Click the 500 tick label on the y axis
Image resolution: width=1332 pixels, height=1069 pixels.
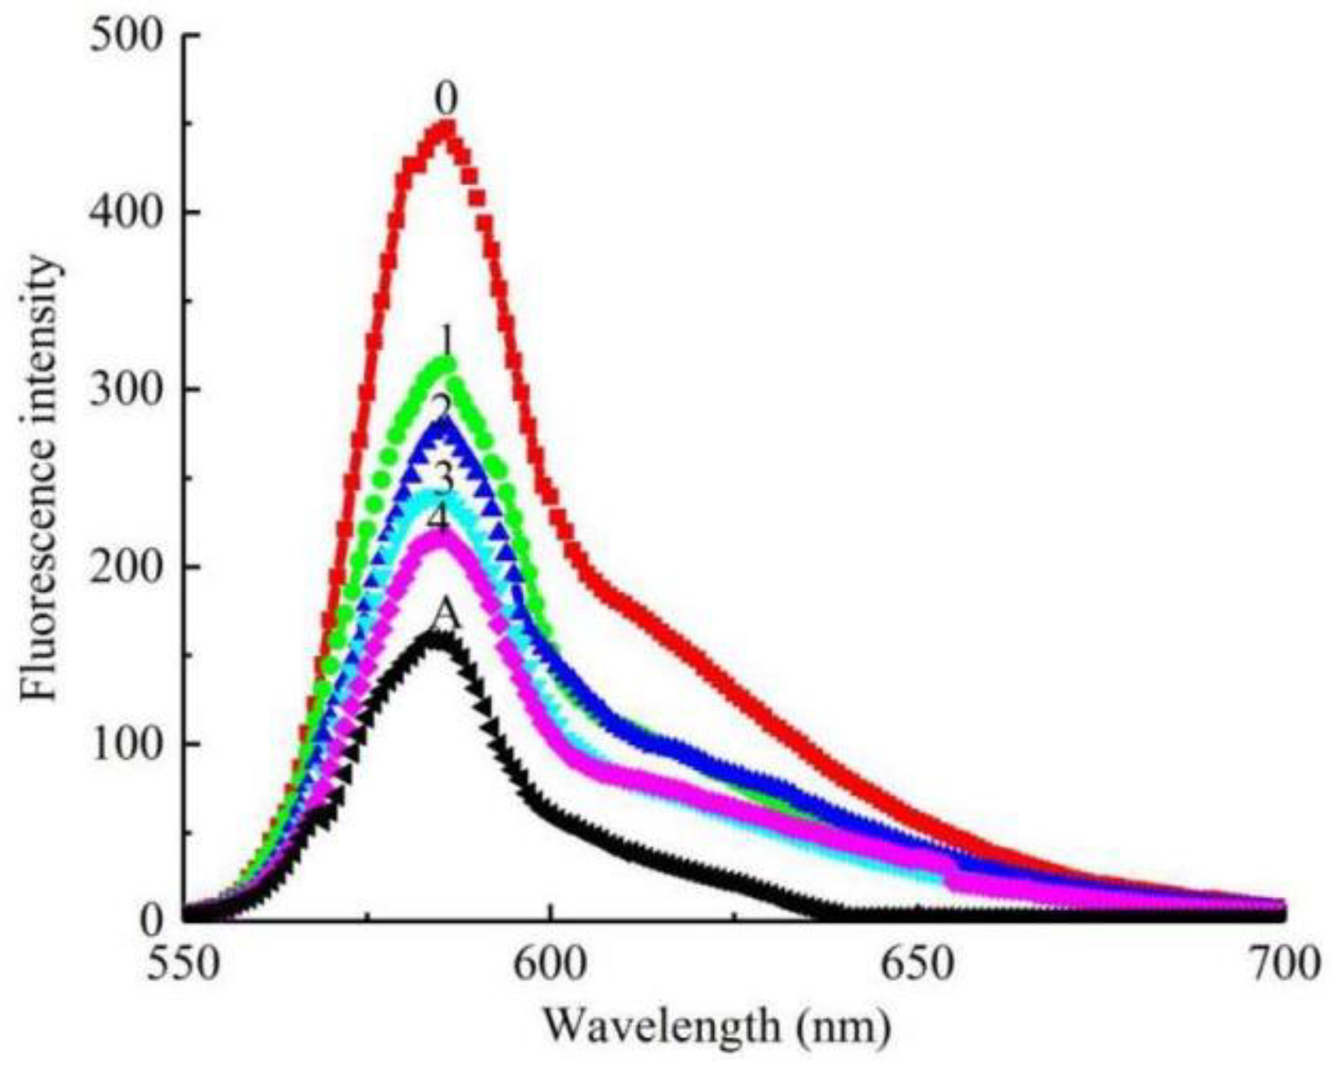(x=129, y=37)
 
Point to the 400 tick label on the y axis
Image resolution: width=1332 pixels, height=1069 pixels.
(x=129, y=213)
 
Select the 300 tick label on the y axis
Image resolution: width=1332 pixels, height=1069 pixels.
(x=129, y=390)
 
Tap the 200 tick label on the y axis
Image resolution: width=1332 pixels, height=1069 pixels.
(x=129, y=567)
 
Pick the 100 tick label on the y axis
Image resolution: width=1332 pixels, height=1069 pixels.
(x=129, y=744)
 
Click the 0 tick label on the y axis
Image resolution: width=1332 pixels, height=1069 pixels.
(x=153, y=920)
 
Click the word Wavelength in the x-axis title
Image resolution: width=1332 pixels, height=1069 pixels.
(x=662, y=1025)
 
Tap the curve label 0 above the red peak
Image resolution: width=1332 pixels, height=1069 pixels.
(x=446, y=100)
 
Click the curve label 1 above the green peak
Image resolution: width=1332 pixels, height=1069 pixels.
(x=447, y=341)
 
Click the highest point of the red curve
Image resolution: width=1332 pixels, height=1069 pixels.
(x=445, y=125)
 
